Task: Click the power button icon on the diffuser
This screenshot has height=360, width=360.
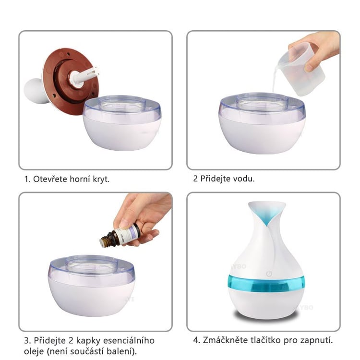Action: pyautogui.click(x=269, y=274)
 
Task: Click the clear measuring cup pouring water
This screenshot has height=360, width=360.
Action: pyautogui.click(x=301, y=69)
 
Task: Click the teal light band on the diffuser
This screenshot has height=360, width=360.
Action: pyautogui.click(x=266, y=283)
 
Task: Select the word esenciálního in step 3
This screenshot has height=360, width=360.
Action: pyautogui.click(x=129, y=340)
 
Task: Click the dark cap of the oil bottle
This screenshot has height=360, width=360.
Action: pyautogui.click(x=108, y=240)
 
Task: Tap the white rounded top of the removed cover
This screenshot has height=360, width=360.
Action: pyautogui.click(x=35, y=91)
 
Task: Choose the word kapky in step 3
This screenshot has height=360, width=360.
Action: pyautogui.click(x=88, y=341)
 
